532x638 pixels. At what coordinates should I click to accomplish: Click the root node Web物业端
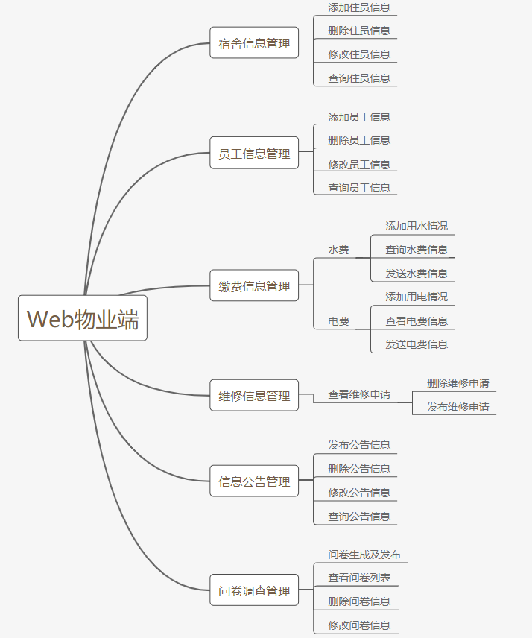click(x=83, y=318)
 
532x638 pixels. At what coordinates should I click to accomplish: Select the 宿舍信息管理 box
click(x=254, y=43)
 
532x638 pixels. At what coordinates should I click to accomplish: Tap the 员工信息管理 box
click(x=254, y=154)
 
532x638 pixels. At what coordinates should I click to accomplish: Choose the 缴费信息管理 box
click(x=254, y=286)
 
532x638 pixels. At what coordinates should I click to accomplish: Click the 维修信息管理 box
click(x=254, y=396)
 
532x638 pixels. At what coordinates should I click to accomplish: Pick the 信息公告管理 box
click(x=254, y=481)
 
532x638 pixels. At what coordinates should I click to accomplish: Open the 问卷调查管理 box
click(x=254, y=591)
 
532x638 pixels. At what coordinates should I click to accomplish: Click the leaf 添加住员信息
click(x=359, y=7)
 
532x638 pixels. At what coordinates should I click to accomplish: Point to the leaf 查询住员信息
click(x=359, y=78)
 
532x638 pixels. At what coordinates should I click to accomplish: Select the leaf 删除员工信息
click(x=359, y=140)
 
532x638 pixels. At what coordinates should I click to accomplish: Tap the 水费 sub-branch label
click(x=339, y=250)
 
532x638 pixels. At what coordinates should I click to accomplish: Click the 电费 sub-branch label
click(x=339, y=322)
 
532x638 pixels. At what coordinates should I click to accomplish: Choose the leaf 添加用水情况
click(x=417, y=226)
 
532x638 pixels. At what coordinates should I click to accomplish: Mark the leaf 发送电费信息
click(x=417, y=344)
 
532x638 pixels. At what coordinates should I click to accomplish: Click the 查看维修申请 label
click(x=359, y=394)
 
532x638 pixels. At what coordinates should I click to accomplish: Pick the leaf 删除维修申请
click(x=458, y=383)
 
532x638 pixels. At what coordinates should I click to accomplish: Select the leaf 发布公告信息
click(x=359, y=445)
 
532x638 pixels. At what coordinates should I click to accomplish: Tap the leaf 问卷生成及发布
click(x=364, y=555)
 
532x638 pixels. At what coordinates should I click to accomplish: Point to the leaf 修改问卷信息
click(x=359, y=625)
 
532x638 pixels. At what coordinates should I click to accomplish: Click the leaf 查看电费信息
click(x=417, y=321)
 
